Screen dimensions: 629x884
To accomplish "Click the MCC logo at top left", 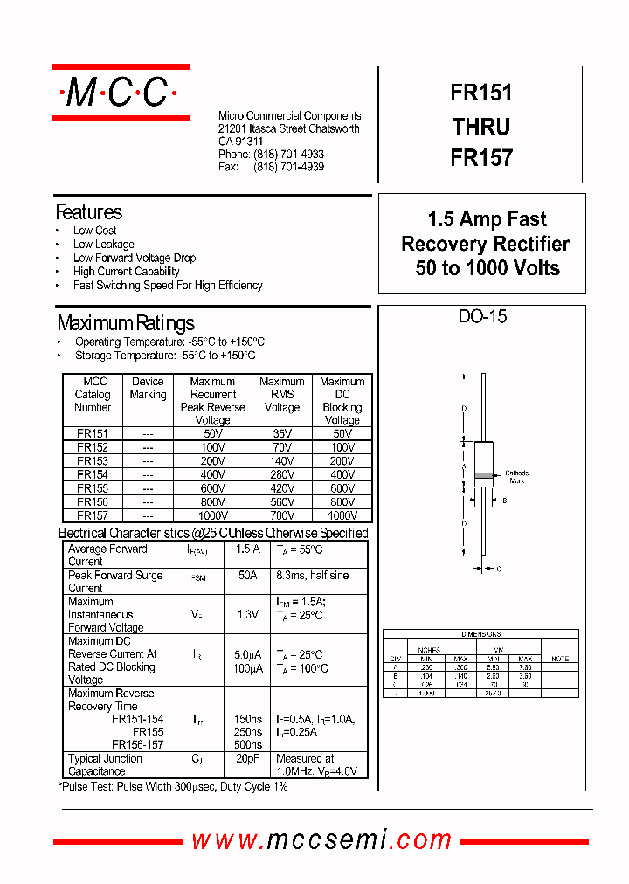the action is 121,92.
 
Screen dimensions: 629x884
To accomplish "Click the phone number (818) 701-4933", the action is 288,155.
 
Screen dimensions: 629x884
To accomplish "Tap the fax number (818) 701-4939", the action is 288,167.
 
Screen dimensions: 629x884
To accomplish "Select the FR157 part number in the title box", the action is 481,158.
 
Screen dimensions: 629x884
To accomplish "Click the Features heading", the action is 88,212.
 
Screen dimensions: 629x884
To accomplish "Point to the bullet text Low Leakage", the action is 103,245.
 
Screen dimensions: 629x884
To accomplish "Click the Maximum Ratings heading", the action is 126,323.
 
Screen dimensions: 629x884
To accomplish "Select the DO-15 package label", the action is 482,317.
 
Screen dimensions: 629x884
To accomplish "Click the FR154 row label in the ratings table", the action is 93,474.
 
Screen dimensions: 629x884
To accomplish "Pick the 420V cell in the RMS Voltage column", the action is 281,488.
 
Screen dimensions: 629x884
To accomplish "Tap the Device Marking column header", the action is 148,388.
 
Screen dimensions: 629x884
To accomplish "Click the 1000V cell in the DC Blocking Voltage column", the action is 342,516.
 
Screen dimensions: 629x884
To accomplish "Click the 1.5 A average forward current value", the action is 248,549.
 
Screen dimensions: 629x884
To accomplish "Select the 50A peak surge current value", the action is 248,576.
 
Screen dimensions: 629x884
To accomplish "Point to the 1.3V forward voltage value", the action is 248,615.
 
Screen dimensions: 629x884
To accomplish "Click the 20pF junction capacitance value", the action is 248,759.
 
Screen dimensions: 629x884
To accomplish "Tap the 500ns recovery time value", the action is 248,745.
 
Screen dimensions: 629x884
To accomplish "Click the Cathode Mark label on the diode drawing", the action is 517,477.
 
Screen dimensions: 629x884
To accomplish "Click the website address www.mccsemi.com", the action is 321,840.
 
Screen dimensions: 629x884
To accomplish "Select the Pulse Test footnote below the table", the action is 173,787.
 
